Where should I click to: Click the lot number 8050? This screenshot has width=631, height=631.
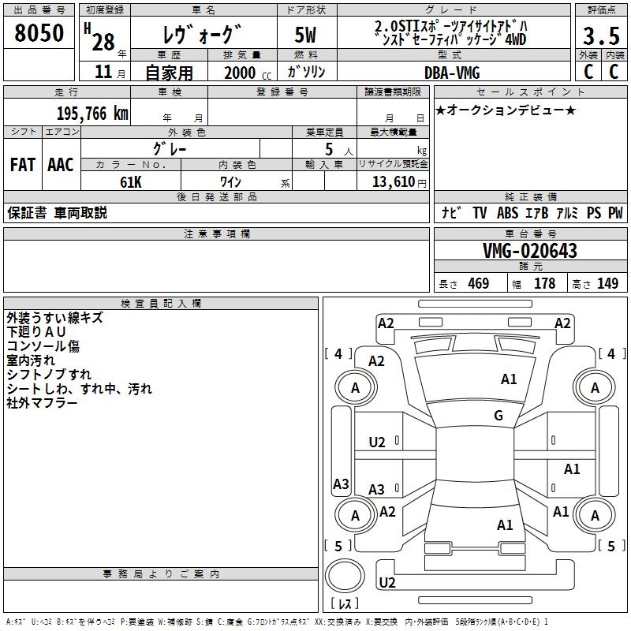pyautogui.click(x=39, y=34)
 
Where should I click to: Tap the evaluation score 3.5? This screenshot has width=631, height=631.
pyautogui.click(x=601, y=35)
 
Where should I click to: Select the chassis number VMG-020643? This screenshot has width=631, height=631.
pyautogui.click(x=530, y=251)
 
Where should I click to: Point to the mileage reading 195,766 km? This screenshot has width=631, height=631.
pyautogui.click(x=92, y=114)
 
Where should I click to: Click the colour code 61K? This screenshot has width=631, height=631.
pyautogui.click(x=131, y=181)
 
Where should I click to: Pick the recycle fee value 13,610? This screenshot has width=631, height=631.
pyautogui.click(x=394, y=181)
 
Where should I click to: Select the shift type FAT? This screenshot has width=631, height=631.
pyautogui.click(x=23, y=165)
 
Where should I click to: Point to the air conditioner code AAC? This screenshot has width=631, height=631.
pyautogui.click(x=61, y=165)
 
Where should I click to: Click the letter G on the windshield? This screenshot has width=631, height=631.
pyautogui.click(x=498, y=416)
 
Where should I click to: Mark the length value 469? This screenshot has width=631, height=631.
pyautogui.click(x=478, y=283)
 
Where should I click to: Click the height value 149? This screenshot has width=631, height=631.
pyautogui.click(x=607, y=283)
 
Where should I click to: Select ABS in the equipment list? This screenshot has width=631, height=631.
pyautogui.click(x=507, y=213)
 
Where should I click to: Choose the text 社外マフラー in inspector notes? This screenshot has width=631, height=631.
pyautogui.click(x=42, y=403)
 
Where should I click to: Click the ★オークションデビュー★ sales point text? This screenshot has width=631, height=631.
pyautogui.click(x=506, y=110)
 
